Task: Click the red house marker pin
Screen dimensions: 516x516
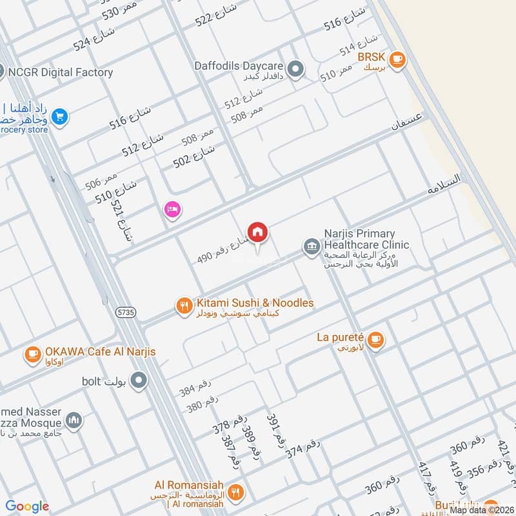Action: [257, 232]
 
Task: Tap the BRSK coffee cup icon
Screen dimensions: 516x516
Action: [397, 59]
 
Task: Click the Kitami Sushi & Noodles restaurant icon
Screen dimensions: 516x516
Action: [184, 306]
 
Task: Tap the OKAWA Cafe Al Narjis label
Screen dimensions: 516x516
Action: [100, 352]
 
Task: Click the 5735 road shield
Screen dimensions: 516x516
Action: [126, 312]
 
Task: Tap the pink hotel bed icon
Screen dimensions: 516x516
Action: [172, 210]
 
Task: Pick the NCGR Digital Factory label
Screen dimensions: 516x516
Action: [61, 73]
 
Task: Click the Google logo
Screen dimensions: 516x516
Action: [27, 507]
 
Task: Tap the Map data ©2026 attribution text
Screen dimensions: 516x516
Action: [481, 510]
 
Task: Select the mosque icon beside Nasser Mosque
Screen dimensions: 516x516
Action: [74, 420]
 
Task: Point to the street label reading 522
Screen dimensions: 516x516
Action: [216, 15]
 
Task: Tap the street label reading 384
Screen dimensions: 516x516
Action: [195, 387]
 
